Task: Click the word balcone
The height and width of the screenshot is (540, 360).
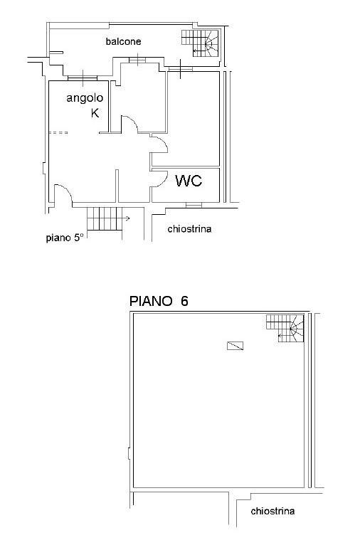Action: [x=123, y=42]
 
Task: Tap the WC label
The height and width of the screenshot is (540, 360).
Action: [x=189, y=181]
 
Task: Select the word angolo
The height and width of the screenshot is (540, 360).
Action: [x=85, y=98]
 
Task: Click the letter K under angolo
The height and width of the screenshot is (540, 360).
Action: [x=95, y=113]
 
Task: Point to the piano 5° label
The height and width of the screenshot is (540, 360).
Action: [x=65, y=238]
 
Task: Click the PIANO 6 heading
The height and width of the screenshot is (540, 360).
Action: [x=159, y=301]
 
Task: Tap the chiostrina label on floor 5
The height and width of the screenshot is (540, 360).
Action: [x=189, y=229]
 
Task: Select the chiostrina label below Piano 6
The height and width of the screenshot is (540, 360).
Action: [x=272, y=511]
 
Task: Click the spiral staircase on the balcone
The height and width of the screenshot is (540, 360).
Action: [x=201, y=43]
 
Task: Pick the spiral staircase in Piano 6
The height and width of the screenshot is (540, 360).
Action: [x=285, y=328]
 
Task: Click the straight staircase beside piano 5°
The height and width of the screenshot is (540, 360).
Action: [x=105, y=218]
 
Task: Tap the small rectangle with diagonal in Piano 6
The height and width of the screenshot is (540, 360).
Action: [x=235, y=346]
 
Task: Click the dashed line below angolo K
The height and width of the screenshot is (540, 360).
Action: [x=58, y=132]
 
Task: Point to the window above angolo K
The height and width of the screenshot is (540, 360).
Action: [x=83, y=78]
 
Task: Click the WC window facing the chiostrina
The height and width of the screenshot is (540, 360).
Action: [x=194, y=205]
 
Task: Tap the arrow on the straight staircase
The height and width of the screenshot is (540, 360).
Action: [x=126, y=218]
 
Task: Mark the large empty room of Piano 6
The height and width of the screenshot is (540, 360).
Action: [x=218, y=413]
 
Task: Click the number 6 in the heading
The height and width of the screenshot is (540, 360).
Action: [x=184, y=301]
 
